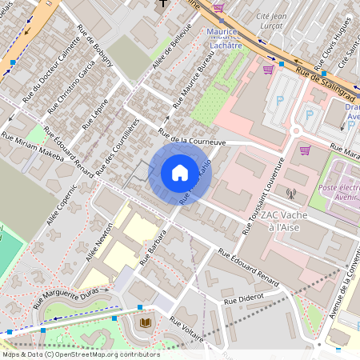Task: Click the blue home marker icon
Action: (180, 172)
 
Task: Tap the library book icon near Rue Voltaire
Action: (146, 322)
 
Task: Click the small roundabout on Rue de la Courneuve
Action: (297, 130)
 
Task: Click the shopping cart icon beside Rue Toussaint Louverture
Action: (305, 150)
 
